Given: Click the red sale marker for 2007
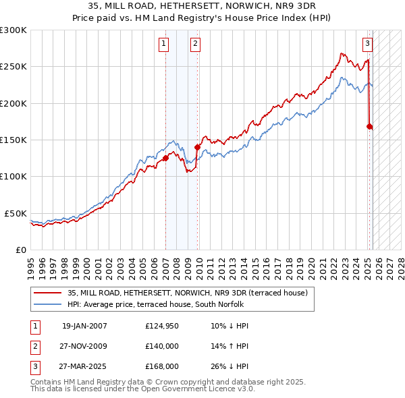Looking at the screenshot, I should click(x=165, y=159).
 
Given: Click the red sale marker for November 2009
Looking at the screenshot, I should click(x=198, y=147).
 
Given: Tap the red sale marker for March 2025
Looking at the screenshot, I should click(x=370, y=126).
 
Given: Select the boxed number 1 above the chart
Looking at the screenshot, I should click(x=164, y=45).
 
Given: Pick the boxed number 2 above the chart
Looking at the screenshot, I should click(x=195, y=45).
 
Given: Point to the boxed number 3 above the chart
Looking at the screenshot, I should click(x=367, y=45).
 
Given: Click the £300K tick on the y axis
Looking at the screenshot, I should click(x=13, y=30).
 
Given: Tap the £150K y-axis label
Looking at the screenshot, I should click(x=13, y=140).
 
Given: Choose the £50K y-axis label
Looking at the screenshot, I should click(x=16, y=213).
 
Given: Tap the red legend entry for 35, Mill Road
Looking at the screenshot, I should click(x=187, y=293).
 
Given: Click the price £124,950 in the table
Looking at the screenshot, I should click(x=161, y=326).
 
